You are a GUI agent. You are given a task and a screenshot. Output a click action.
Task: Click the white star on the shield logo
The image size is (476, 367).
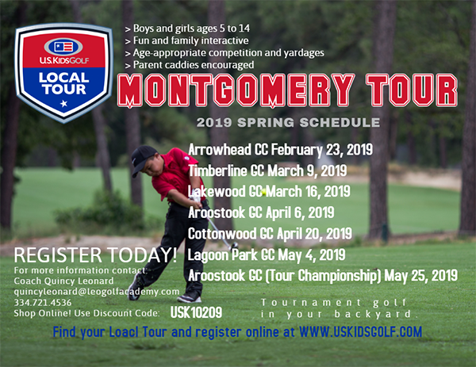point(63,104)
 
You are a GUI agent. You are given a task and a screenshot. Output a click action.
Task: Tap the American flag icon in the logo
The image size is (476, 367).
point(63,47)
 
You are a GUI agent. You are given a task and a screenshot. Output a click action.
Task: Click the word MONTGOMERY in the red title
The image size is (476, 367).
point(236,90)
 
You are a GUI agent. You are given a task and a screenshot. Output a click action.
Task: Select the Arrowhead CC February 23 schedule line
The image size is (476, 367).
point(281,150)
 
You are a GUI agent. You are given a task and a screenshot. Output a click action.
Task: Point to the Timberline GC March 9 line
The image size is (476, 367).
point(267,170)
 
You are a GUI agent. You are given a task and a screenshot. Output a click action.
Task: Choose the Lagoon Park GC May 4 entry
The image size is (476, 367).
point(267,254)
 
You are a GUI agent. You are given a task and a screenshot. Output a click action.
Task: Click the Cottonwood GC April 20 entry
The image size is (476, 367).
point(270,234)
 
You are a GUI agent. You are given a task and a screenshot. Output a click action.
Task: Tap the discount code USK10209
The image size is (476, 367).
point(196,312)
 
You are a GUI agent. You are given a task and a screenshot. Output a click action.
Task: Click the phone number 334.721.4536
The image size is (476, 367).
point(43,302)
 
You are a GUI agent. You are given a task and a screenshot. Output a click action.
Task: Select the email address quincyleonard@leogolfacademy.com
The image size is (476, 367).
point(97,292)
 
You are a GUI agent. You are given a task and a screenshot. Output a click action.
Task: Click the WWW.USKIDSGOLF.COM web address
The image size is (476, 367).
point(360,332)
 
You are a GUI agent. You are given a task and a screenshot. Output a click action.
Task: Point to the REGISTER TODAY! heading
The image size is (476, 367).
point(95,254)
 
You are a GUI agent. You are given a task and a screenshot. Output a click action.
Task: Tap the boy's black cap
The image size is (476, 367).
point(143,159)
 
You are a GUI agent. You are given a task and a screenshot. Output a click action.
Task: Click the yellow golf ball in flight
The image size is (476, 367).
point(263,192)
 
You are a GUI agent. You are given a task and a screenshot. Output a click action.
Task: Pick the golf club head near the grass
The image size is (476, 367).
point(234,244)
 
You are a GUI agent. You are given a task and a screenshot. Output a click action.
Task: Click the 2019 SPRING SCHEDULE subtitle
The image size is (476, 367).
point(288,123)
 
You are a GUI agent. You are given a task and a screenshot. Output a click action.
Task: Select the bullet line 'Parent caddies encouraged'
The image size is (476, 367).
point(190,65)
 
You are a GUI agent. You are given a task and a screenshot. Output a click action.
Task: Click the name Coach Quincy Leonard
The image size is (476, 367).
point(63,281)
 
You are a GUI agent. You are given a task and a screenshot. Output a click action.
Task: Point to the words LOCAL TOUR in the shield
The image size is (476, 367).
point(63,84)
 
